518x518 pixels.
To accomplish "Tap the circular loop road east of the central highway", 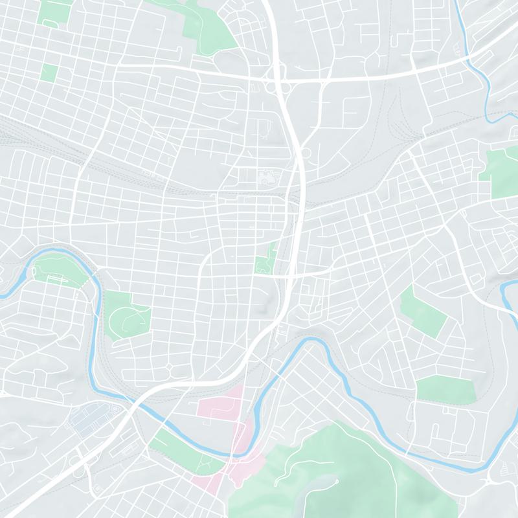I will tap(306, 153).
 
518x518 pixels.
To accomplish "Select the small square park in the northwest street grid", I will tap(49, 73).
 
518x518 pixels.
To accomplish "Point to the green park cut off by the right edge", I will tap(502, 174).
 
